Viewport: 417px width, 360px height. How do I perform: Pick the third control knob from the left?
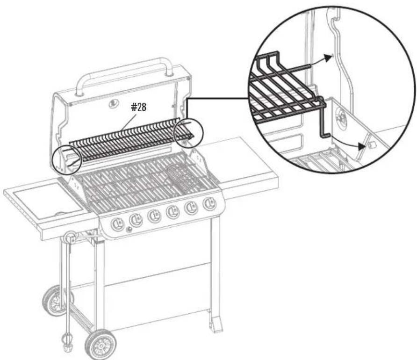154,216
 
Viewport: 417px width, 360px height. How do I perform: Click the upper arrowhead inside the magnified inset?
329,57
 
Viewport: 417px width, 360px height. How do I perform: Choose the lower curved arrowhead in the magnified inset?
361,146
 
